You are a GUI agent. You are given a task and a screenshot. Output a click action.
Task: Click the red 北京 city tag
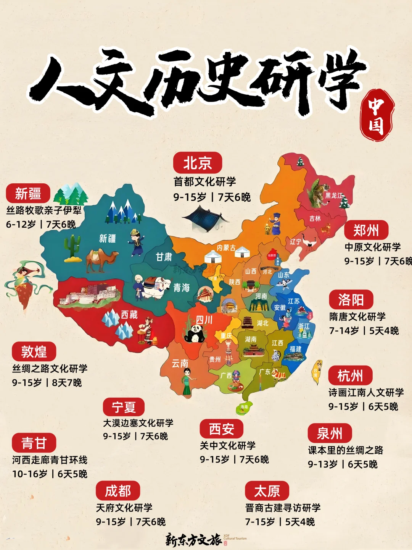[x=197, y=163]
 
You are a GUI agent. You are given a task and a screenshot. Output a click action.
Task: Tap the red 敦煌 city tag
[x=34, y=351]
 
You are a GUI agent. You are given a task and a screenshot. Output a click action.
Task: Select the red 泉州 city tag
[x=330, y=434]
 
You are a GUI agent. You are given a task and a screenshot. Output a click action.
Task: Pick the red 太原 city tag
[x=267, y=491]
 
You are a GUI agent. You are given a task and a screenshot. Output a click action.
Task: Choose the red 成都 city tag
[x=118, y=491]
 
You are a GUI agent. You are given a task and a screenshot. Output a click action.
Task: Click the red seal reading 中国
[x=377, y=115]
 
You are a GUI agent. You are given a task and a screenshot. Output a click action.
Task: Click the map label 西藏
[x=129, y=315]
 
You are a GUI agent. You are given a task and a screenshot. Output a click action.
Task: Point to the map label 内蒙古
[x=226, y=248]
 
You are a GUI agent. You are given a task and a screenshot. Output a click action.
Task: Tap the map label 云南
[x=180, y=363]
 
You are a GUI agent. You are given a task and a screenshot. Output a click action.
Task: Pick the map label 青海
[x=181, y=288]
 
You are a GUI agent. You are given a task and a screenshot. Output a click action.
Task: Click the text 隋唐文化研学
[x=357, y=317]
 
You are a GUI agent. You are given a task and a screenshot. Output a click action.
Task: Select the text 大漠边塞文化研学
[x=138, y=423]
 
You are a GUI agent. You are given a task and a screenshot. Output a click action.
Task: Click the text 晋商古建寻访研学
[x=283, y=508]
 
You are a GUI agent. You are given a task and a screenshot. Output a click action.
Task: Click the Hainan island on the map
[x=244, y=407]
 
